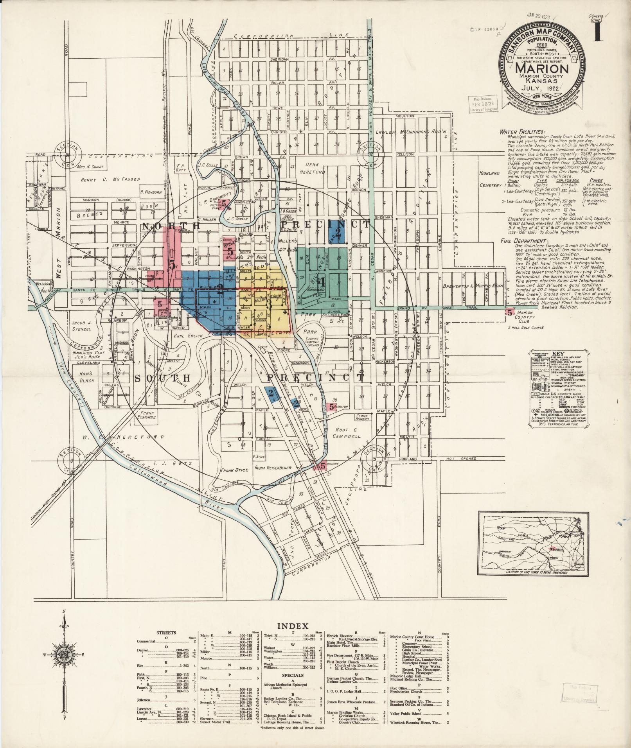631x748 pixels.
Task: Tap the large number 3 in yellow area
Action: click(269, 303)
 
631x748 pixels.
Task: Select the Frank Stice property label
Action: click(235, 470)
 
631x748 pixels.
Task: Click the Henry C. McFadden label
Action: click(110, 179)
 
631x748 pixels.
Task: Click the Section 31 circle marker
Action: click(68, 154)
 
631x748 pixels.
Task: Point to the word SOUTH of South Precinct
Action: click(162, 378)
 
